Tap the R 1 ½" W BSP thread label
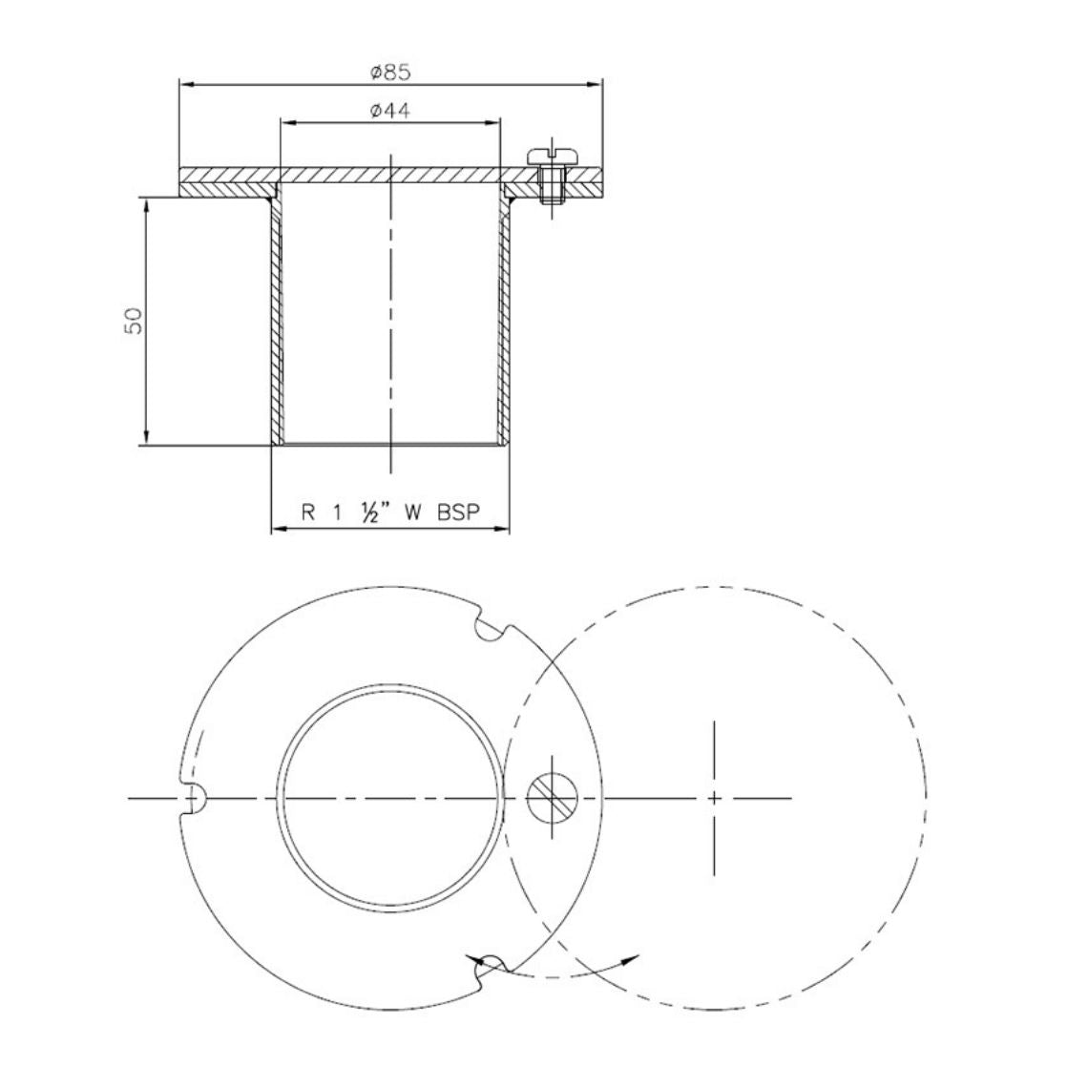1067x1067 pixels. coord(389,512)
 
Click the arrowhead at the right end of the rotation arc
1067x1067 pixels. coord(633,957)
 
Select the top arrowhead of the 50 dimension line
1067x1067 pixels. coord(145,204)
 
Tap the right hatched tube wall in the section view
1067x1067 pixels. coord(503,324)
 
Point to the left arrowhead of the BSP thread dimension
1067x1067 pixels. coord(278,528)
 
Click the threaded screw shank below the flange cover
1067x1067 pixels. coord(549,192)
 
